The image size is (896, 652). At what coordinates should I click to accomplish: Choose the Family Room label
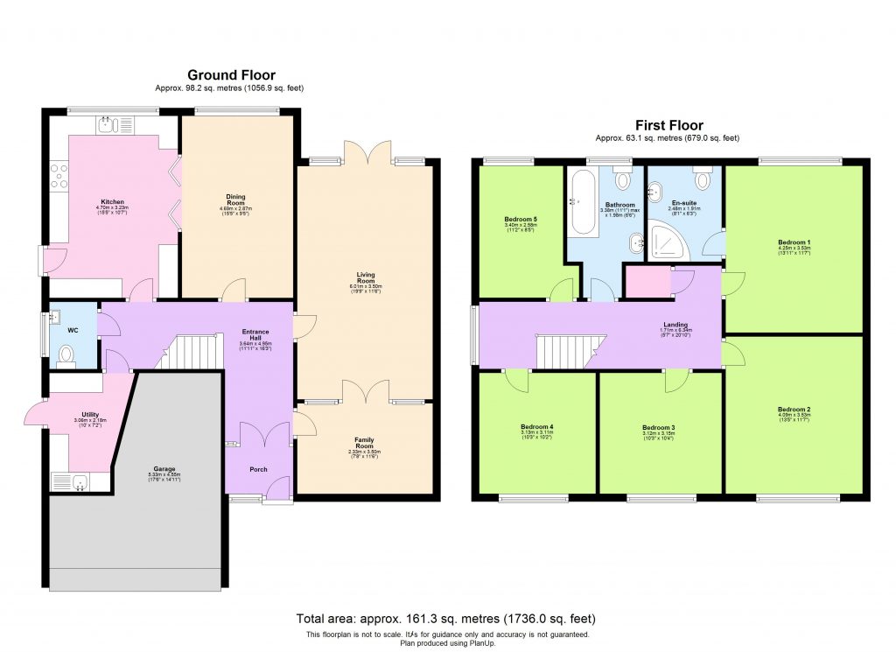pos(364,440)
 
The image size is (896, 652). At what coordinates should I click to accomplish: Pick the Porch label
pos(258,469)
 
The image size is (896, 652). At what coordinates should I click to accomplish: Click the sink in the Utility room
pos(74,480)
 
